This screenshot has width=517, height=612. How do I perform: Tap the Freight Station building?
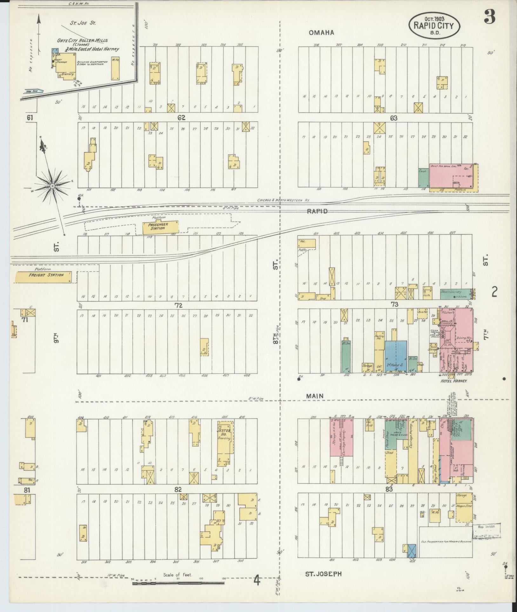click(46, 275)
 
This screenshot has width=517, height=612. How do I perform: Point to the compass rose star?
click(52, 185)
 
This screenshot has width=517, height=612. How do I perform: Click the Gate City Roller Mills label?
click(82, 41)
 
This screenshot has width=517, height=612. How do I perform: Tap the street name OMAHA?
click(321, 33)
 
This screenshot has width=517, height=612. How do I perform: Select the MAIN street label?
click(315, 396)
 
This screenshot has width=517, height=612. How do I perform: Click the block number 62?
click(181, 118)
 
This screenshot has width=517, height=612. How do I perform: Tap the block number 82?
click(178, 490)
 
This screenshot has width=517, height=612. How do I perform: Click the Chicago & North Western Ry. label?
click(283, 200)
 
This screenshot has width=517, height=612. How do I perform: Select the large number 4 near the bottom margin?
click(257, 581)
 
